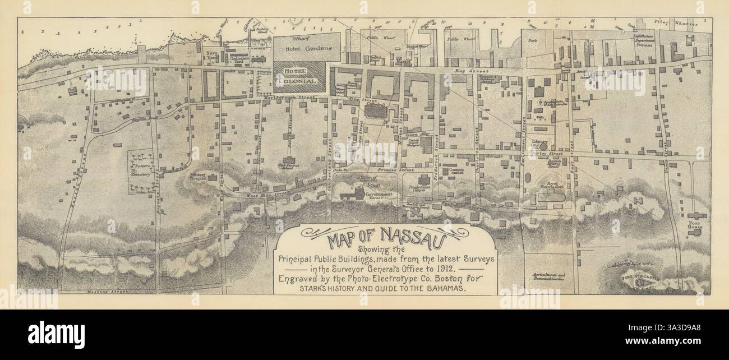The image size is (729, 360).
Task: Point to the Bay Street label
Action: coord(468,72)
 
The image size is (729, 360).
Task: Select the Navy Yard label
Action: coord(211,55)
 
